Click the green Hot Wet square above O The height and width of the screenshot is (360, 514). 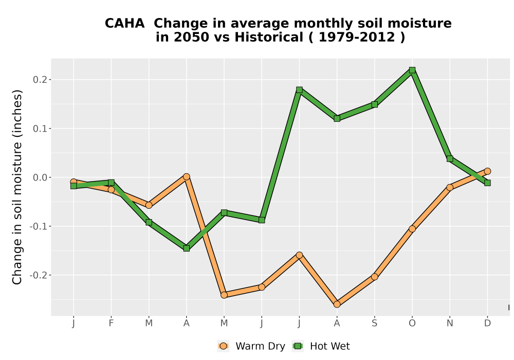tap(412, 70)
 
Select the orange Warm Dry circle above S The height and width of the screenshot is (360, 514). tap(374, 277)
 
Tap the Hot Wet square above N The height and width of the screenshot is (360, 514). tap(450, 159)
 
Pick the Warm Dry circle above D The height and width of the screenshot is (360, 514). tap(487, 171)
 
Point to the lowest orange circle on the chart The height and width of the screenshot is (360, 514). tap(337, 304)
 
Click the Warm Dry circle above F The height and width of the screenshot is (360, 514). tap(111, 189)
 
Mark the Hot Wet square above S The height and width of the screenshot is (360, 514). tap(374, 104)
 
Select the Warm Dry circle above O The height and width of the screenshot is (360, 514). tap(412, 229)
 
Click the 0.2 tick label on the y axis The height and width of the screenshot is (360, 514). tap(40, 80)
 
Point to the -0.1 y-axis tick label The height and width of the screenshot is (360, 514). tap(38, 226)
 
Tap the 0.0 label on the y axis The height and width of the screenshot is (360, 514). tap(40, 177)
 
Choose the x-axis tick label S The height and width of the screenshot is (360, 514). tap(374, 323)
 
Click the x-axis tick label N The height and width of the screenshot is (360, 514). tap(450, 323)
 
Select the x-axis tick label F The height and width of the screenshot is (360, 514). tap(111, 323)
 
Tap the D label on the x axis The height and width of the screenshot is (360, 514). tap(487, 323)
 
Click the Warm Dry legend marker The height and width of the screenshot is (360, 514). tap(223, 346)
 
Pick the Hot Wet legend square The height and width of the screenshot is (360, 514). tap(298, 346)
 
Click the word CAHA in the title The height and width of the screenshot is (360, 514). tap(124, 24)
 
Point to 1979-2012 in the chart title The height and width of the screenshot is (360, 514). tap(357, 38)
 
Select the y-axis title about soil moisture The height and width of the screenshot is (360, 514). tap(17, 187)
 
